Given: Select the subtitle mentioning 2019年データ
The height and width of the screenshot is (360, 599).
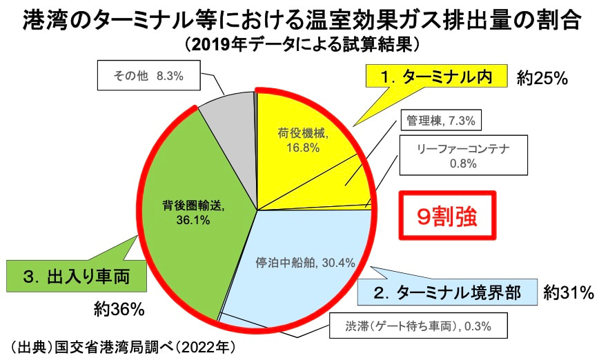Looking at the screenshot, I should [x=299, y=46].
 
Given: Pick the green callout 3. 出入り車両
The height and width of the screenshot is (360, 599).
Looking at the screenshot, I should [x=76, y=278].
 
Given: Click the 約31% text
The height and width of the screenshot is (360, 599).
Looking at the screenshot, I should [x=567, y=292].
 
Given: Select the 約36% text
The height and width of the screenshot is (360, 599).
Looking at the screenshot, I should [x=119, y=310].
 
